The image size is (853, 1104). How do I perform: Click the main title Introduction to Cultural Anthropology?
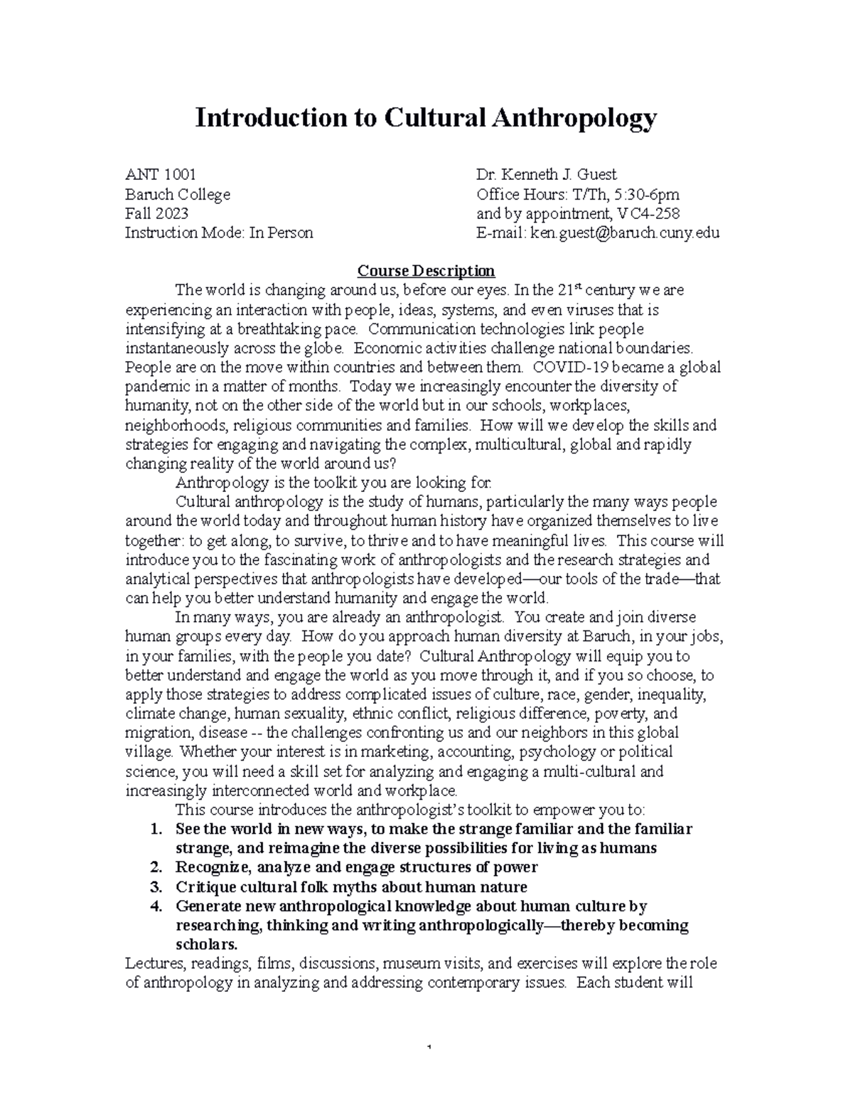coord(426,118)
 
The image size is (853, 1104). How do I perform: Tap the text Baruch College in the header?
coord(178,194)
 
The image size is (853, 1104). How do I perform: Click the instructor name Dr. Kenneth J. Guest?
coord(547,175)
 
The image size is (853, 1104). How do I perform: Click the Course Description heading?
coord(426,271)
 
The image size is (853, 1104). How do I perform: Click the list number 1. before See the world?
coord(158,829)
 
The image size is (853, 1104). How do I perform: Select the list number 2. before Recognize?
coord(157,867)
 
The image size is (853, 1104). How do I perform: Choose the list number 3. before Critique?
coord(157,886)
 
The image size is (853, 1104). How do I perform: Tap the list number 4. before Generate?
coord(157,906)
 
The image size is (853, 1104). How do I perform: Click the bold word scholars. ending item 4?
coord(206,945)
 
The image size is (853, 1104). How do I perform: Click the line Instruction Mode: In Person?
coord(219,232)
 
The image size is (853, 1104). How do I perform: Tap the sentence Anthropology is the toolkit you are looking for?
coord(333,483)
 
